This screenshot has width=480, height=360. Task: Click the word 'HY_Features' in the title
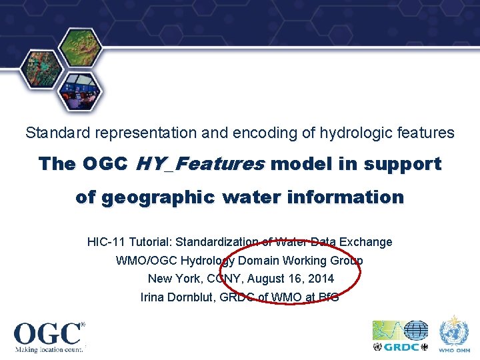[200, 164]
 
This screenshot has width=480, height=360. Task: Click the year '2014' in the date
[320, 279]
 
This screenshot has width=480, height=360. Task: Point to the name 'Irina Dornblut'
[177, 297]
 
